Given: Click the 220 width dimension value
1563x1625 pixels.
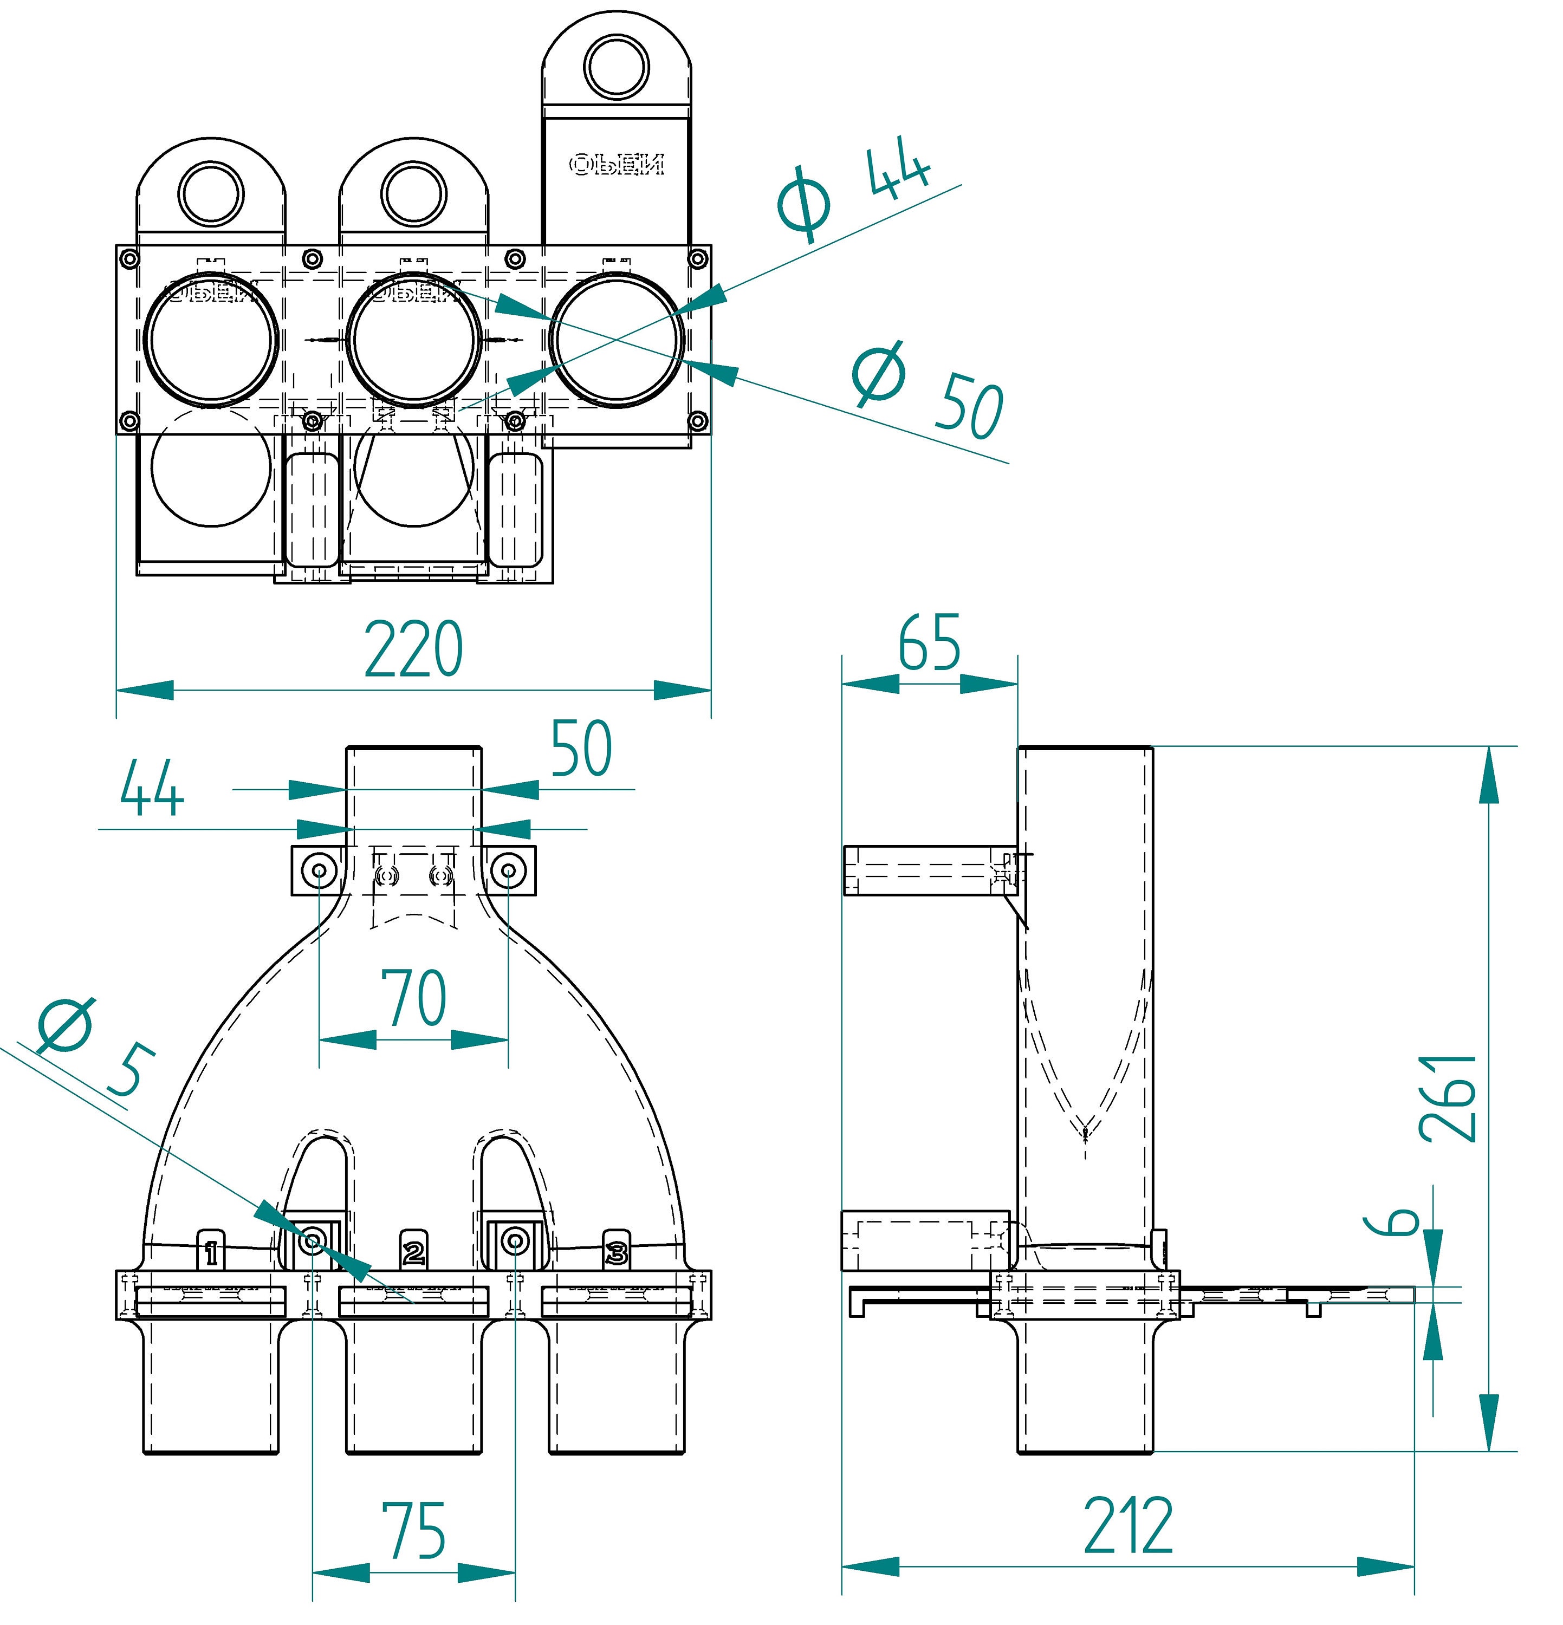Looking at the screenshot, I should click(413, 649).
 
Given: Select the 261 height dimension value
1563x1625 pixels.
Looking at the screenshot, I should click(1447, 1098).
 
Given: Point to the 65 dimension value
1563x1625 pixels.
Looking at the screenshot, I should click(930, 642).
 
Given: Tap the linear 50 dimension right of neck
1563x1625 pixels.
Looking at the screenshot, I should click(582, 749).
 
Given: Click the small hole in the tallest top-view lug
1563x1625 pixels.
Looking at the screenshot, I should click(616, 66).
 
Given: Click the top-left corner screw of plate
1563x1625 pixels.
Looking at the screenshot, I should click(128, 259).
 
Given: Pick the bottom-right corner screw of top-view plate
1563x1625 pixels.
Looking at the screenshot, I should click(697, 421).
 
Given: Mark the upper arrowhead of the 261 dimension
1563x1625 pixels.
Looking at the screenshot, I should click(1489, 775).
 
